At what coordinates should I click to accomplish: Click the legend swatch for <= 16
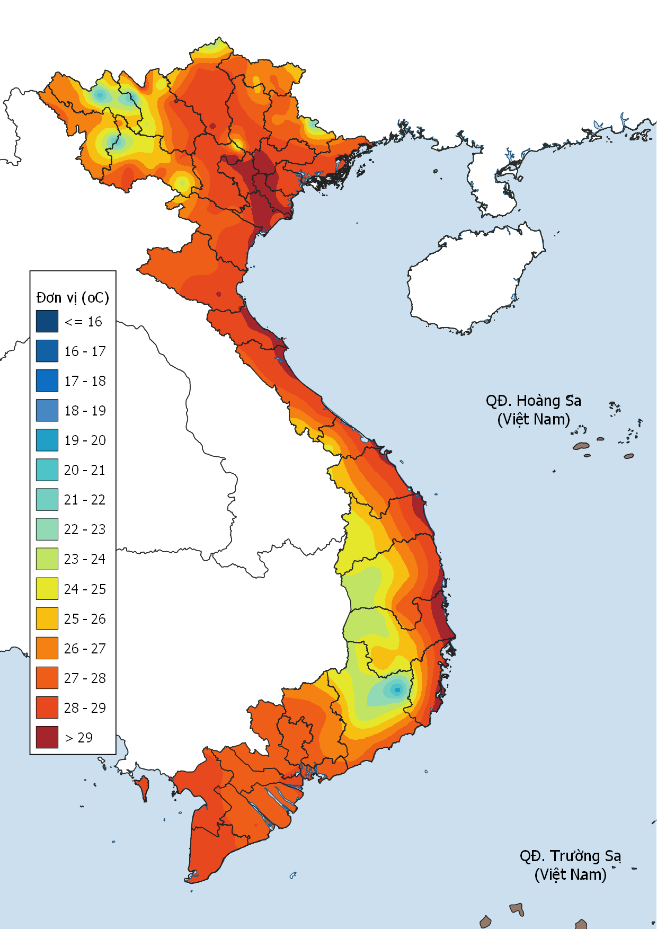point(47,321)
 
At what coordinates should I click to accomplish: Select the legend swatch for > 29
point(47,737)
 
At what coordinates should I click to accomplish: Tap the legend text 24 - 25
point(85,589)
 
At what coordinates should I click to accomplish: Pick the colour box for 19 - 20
point(47,440)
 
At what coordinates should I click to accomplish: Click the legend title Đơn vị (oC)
point(73,297)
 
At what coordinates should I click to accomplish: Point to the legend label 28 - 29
point(85,707)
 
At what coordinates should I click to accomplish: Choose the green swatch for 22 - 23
point(47,529)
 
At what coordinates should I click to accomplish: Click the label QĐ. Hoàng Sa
point(533,401)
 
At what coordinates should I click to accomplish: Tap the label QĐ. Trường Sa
point(570,856)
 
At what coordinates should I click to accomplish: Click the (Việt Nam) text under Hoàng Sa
point(533,419)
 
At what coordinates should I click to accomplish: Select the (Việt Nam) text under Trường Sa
point(570,874)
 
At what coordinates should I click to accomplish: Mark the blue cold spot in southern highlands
point(397,689)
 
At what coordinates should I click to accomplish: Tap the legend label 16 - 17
point(85,351)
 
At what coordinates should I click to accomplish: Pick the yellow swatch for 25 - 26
point(47,618)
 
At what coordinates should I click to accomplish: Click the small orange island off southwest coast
point(142,786)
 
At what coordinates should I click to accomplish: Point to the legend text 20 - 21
point(85,470)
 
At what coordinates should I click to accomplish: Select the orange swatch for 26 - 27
point(47,648)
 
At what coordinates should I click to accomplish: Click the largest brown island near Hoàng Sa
point(581,446)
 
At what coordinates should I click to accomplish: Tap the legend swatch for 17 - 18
point(47,381)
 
